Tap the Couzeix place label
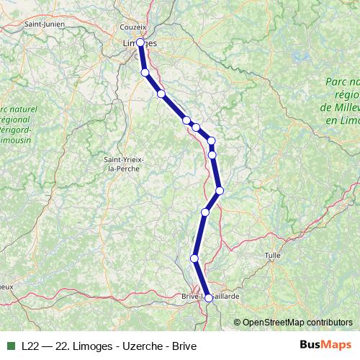(x=133, y=27)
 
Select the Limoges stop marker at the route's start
(x=140, y=43)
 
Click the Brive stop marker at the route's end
(x=209, y=297)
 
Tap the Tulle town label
(x=272, y=256)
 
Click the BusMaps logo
(x=325, y=345)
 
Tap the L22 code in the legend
(x=30, y=346)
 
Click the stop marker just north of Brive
(x=194, y=258)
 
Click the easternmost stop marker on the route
(x=220, y=190)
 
